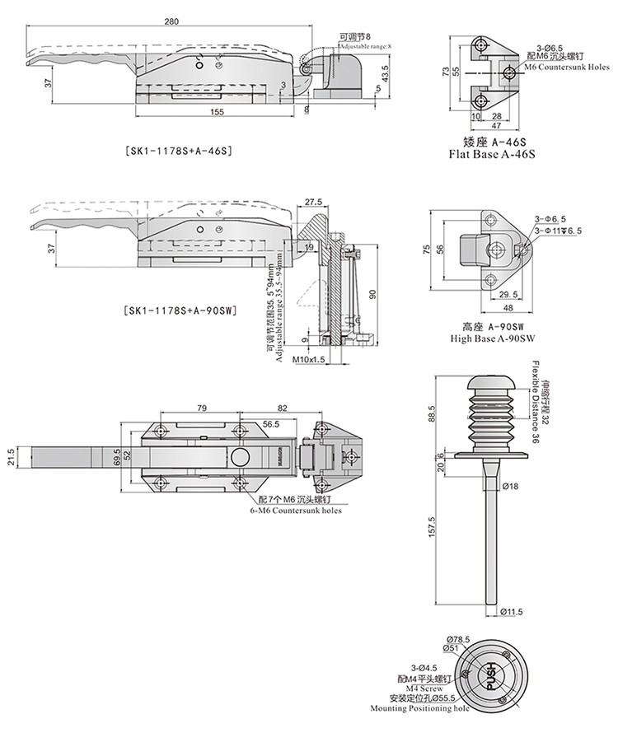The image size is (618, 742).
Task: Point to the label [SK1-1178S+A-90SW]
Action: [179, 310]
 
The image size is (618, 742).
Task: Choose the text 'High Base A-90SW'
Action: [493, 338]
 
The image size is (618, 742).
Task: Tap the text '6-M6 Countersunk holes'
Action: [295, 511]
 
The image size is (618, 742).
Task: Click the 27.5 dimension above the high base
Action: [312, 202]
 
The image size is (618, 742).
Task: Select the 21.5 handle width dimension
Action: [12, 455]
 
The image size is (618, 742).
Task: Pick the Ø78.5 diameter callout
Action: [458, 639]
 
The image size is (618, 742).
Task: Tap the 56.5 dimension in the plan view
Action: [270, 424]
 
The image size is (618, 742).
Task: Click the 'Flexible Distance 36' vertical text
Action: [534, 404]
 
